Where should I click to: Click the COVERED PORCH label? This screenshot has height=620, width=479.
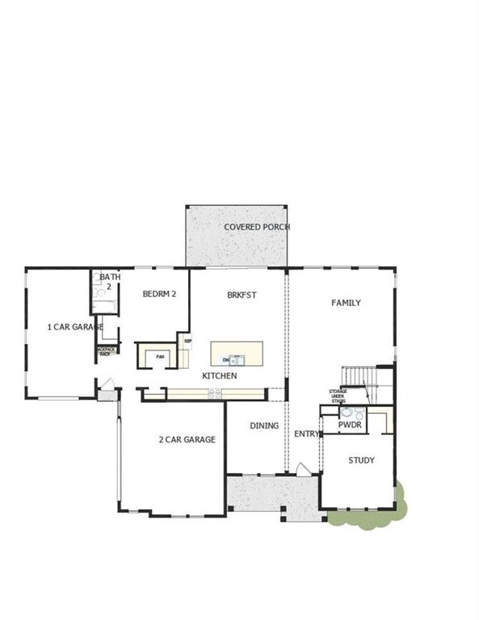(257, 227)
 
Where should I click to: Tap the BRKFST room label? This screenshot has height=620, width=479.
(242, 295)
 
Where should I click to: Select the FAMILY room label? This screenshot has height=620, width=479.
(346, 303)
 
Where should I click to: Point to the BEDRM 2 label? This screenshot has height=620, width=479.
(159, 295)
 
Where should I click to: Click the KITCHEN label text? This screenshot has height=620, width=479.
(219, 376)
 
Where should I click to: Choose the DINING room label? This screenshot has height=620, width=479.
(264, 425)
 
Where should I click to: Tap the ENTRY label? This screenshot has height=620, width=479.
(307, 434)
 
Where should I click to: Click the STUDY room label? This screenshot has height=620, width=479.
(361, 460)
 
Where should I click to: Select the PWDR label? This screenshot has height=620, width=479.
(350, 425)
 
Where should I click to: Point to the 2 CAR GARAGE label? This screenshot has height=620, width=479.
(187, 439)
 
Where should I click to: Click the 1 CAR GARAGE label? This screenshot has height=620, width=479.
(74, 327)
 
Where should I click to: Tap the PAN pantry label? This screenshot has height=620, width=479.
(160, 356)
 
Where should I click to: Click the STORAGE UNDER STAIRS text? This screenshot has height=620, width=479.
(338, 395)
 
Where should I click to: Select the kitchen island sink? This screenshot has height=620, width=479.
(235, 360)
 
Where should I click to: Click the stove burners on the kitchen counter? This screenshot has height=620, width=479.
(215, 393)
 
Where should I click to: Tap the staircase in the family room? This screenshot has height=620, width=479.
(356, 377)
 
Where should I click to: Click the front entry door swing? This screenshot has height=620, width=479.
(301, 470)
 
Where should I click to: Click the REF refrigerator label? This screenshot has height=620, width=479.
(187, 341)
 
